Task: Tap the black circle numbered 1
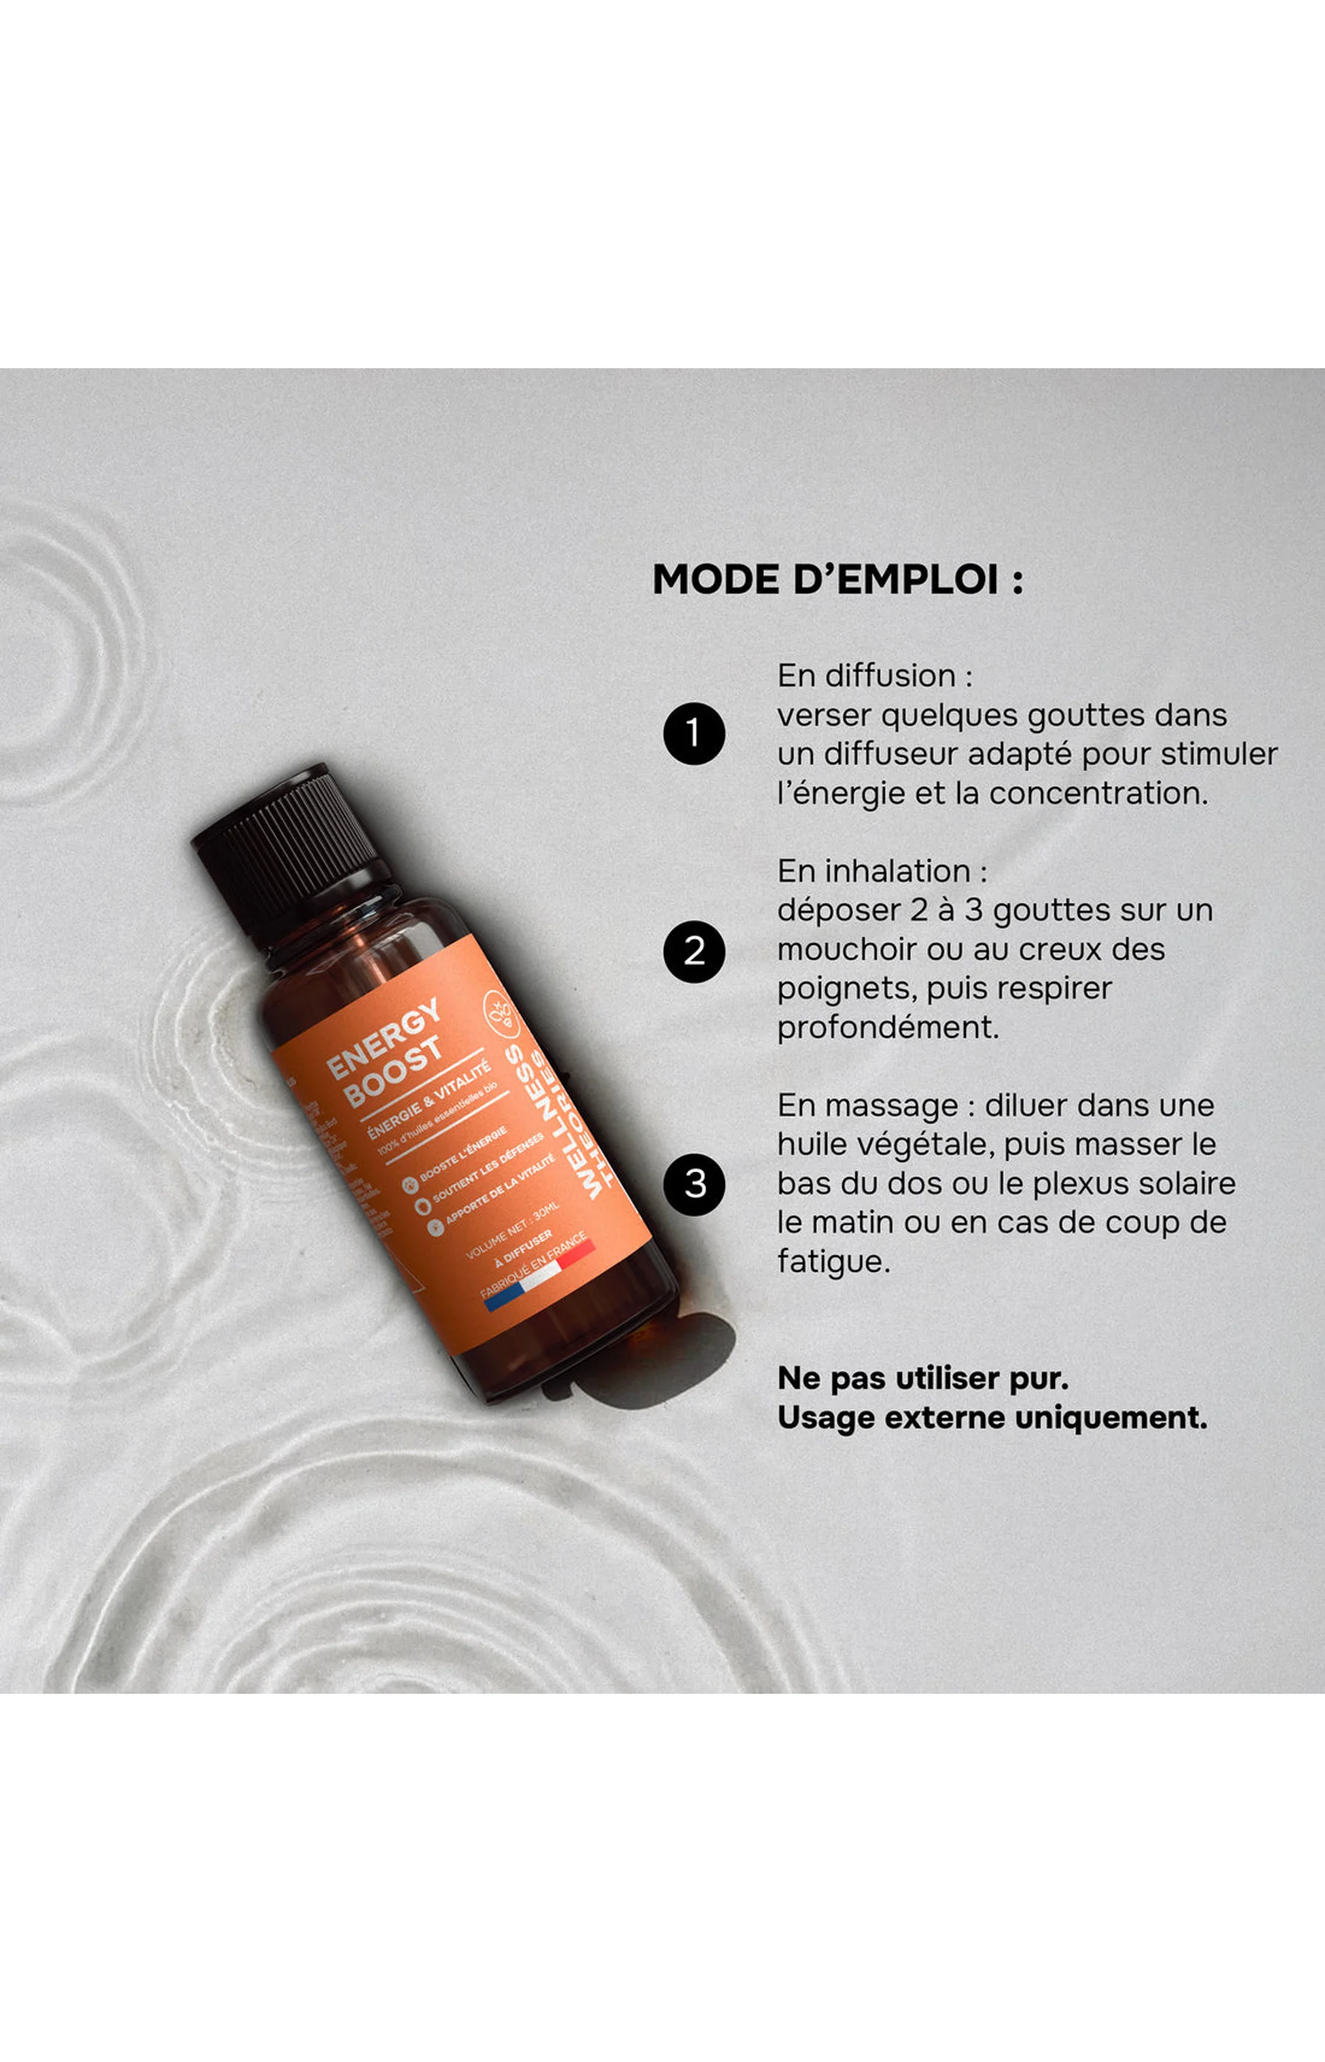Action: click(x=693, y=733)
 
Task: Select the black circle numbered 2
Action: click(x=693, y=951)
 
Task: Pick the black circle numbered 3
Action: click(x=693, y=1184)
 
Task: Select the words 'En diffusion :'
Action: click(x=875, y=675)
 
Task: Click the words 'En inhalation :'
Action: click(x=882, y=871)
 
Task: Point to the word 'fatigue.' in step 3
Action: click(x=833, y=1262)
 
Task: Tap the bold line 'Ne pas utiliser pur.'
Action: click(x=922, y=1378)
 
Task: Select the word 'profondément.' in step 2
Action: click(x=888, y=1027)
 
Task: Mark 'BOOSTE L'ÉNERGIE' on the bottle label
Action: click(x=463, y=1154)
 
